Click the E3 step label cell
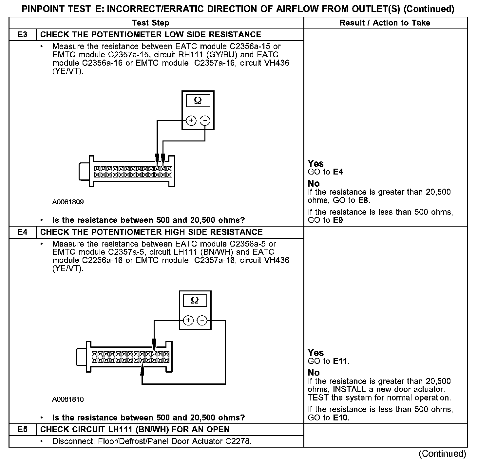22,35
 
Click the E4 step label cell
22,232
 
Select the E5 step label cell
22,430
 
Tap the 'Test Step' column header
151,23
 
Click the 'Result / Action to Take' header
385,23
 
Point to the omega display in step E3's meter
198,101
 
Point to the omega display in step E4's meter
195,301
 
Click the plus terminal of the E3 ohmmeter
191,121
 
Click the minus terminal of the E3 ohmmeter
205,121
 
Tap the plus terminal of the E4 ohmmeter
188,320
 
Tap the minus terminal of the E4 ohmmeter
202,320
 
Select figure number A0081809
68,202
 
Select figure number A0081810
68,399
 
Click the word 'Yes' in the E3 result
316,163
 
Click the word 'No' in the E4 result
314,373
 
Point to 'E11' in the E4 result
341,361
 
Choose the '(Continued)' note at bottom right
442,454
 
